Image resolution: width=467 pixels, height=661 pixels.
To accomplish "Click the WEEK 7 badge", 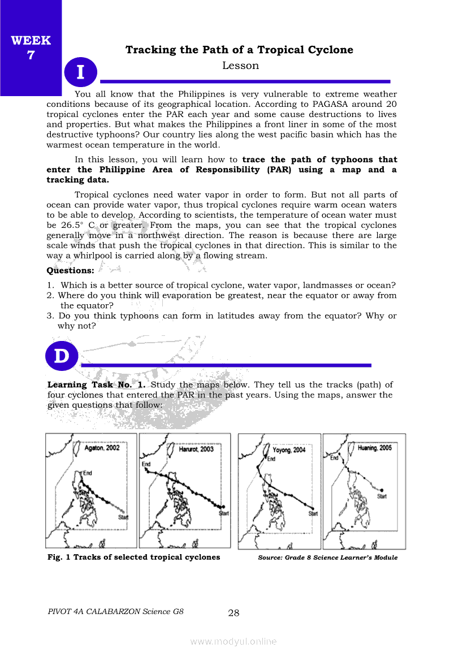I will click(31, 47).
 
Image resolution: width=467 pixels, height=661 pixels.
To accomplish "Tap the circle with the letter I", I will click(80, 72).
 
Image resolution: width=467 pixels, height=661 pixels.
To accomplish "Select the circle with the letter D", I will click(61, 356).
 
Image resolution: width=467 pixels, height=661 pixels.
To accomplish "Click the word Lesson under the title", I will click(240, 66).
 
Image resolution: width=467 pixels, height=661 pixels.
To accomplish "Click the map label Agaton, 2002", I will click(102, 448).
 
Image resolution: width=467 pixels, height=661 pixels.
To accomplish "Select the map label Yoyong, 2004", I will click(289, 450).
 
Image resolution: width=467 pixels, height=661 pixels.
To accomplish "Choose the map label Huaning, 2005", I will click(375, 448).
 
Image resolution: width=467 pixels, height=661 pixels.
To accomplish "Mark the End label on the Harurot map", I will click(146, 464).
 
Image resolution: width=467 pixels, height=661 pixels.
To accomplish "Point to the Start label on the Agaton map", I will click(123, 517).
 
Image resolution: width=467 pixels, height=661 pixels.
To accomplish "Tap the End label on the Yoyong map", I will click(271, 459).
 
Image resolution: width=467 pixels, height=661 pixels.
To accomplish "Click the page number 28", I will click(233, 613).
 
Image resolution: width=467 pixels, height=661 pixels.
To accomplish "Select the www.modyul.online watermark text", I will click(233, 641).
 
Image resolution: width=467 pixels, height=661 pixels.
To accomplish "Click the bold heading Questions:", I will click(70, 270).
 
